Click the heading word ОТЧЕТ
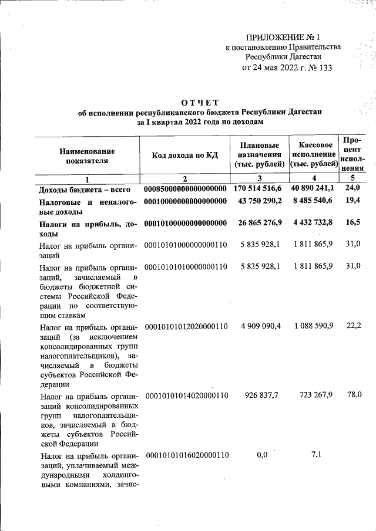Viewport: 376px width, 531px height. coord(200,104)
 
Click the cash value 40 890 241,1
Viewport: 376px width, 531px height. coord(312,188)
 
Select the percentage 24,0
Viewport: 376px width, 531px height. coord(352,188)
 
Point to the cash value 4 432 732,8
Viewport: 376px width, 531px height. coord(312,223)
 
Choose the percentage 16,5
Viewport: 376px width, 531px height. coord(352,223)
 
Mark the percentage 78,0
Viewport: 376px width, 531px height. coord(354,395)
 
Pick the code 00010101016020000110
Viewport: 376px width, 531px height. coord(187,455)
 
